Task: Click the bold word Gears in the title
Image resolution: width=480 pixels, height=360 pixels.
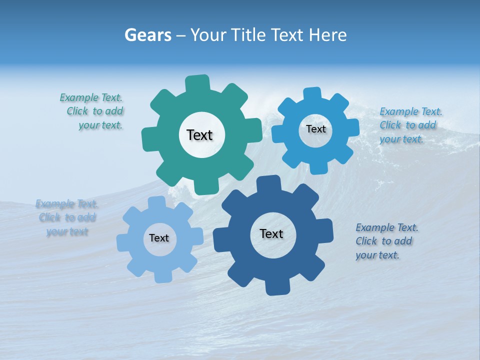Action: tap(147, 35)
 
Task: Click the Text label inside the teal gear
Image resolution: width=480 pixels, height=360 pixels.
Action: tap(199, 135)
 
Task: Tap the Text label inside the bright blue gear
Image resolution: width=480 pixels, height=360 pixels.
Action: tap(315, 129)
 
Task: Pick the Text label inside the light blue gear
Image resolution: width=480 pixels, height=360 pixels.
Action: tap(159, 238)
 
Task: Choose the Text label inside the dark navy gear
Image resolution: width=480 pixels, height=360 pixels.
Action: tap(271, 234)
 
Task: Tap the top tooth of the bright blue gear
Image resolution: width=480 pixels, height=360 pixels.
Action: tap(312, 93)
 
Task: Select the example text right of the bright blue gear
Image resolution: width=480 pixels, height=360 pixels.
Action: tap(410, 125)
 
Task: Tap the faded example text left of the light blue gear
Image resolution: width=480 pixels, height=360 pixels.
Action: tap(67, 217)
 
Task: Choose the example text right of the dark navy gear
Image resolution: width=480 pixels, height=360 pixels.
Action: tap(386, 241)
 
